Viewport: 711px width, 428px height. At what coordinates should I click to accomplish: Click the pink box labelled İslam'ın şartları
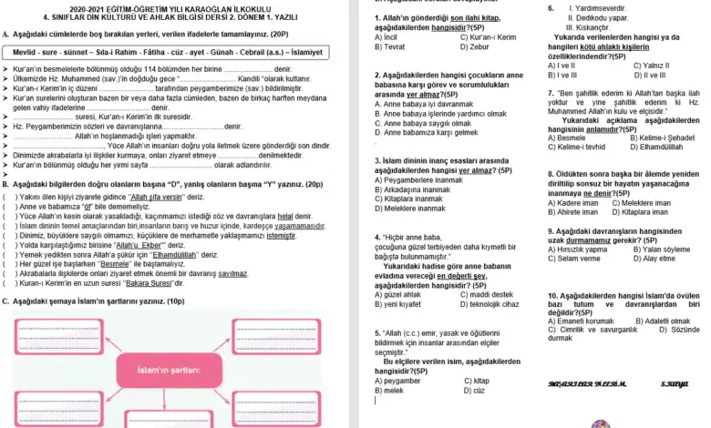(x=169, y=370)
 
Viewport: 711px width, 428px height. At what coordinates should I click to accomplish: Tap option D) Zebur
(x=477, y=46)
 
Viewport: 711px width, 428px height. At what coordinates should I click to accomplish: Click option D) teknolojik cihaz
(x=489, y=304)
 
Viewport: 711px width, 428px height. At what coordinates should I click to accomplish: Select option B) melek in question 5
(x=390, y=390)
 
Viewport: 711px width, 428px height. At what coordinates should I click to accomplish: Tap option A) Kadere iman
(x=575, y=202)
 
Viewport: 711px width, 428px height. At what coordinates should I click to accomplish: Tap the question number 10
(x=553, y=296)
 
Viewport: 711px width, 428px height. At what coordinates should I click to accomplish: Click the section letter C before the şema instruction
(x=5, y=301)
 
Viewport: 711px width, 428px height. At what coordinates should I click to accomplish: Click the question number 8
(x=551, y=174)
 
